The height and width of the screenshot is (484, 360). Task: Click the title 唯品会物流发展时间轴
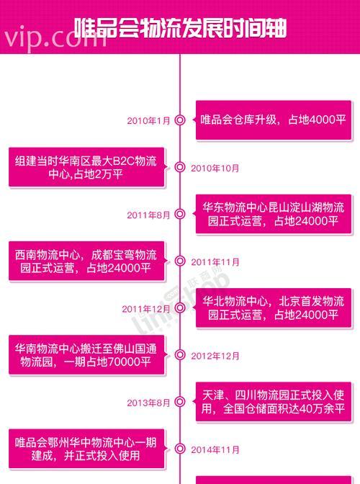pyautogui.click(x=181, y=28)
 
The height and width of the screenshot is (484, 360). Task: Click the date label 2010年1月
pyautogui.click(x=148, y=121)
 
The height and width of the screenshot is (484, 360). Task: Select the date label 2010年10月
pyautogui.click(x=215, y=169)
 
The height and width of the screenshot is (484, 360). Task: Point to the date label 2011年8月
pyautogui.click(x=148, y=215)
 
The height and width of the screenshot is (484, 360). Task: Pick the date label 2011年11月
pyautogui.click(x=215, y=262)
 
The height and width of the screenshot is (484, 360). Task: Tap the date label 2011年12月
pyautogui.click(x=146, y=309)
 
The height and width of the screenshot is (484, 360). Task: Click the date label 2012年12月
pyautogui.click(x=215, y=356)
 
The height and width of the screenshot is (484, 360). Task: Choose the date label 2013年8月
pyautogui.click(x=148, y=403)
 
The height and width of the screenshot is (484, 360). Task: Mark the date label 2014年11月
pyautogui.click(x=215, y=449)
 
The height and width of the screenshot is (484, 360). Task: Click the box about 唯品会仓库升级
pyautogui.click(x=274, y=120)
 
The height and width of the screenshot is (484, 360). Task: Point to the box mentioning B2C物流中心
pyautogui.click(x=86, y=167)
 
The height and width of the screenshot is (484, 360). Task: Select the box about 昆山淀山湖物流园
pyautogui.click(x=274, y=214)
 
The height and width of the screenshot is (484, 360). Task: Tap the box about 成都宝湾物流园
pyautogui.click(x=86, y=261)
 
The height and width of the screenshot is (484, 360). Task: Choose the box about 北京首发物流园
pyautogui.click(x=274, y=308)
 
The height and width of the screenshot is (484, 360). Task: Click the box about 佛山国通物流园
pyautogui.click(x=86, y=354)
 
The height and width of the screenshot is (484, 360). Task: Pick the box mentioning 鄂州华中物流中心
pyautogui.click(x=86, y=449)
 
